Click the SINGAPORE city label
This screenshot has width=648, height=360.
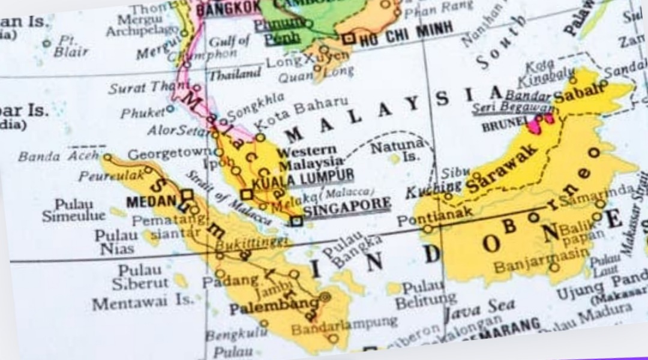point(347,206)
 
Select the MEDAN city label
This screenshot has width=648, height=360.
point(151,200)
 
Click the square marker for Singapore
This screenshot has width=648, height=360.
point(296,221)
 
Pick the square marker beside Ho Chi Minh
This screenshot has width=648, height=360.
point(349,39)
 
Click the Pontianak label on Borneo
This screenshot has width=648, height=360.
point(443,216)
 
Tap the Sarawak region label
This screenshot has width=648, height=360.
point(502,170)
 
